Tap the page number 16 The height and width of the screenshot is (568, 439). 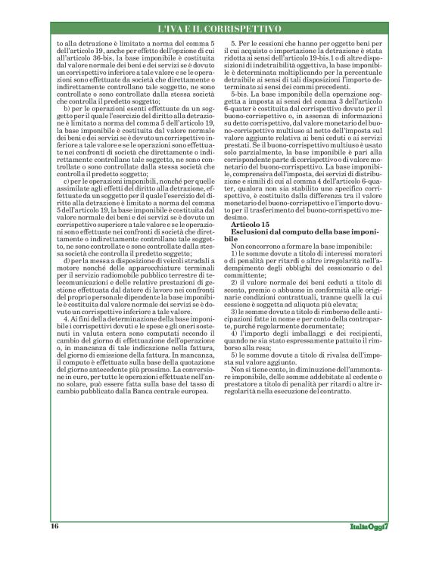click(x=54, y=526)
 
